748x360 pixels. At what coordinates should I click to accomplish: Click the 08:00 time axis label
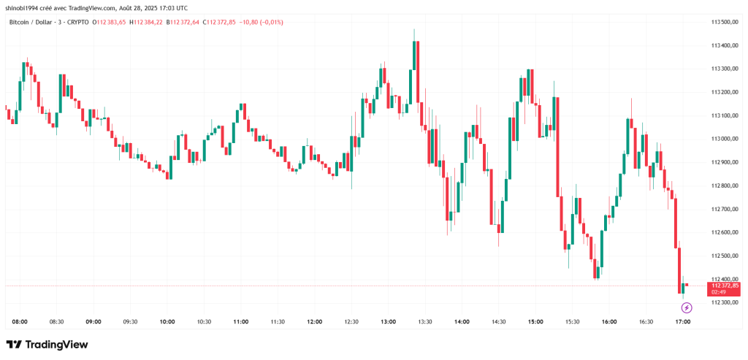coord(20,321)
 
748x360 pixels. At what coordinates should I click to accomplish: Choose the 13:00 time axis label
coord(388,321)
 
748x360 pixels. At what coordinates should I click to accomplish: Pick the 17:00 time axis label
coord(682,321)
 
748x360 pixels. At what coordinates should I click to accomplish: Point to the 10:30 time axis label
coord(204,321)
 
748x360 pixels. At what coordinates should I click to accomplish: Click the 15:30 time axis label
coord(572,321)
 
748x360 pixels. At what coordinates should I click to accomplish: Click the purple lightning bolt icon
coord(687,308)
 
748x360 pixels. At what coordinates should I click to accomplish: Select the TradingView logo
coord(47,345)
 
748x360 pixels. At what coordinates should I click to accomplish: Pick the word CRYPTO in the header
coord(77,22)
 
